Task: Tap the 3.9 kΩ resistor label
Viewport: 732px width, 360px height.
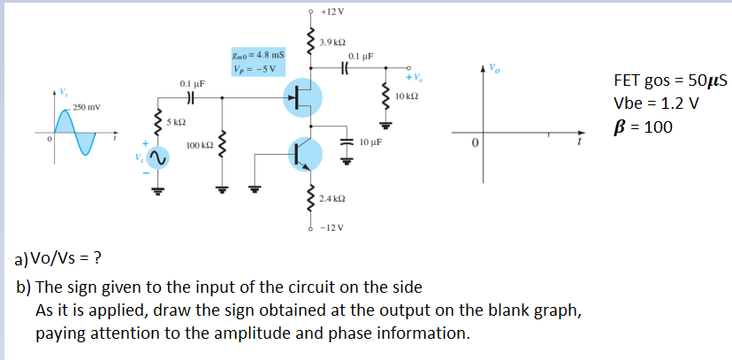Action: pyautogui.click(x=332, y=43)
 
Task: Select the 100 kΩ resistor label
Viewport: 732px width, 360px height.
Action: pyautogui.click(x=200, y=144)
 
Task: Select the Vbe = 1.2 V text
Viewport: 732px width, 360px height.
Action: pyautogui.click(x=653, y=103)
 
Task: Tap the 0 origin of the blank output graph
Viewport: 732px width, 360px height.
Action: pyautogui.click(x=474, y=142)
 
